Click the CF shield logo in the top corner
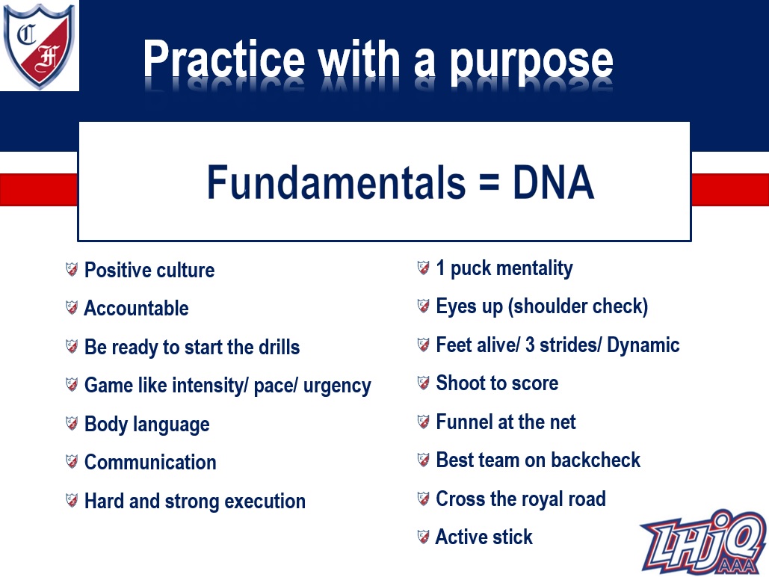pyautogui.click(x=39, y=46)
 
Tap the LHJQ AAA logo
pyautogui.click(x=703, y=543)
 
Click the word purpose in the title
pyautogui.click(x=531, y=62)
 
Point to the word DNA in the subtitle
pyautogui.click(x=553, y=182)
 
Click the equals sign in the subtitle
pyautogui.click(x=489, y=185)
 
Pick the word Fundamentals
pyautogui.click(x=336, y=182)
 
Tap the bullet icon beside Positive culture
pyautogui.click(x=72, y=269)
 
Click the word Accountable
pyautogui.click(x=136, y=308)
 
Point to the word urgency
pyautogui.click(x=337, y=386)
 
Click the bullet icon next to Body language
pyautogui.click(x=72, y=423)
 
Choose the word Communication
pyautogui.click(x=150, y=462)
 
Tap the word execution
pyautogui.click(x=265, y=502)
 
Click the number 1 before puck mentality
pyautogui.click(x=440, y=268)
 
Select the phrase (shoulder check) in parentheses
pyautogui.click(x=578, y=306)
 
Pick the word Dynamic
pyautogui.click(x=643, y=345)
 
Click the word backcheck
pyautogui.click(x=596, y=460)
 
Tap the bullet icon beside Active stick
pyautogui.click(x=423, y=537)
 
